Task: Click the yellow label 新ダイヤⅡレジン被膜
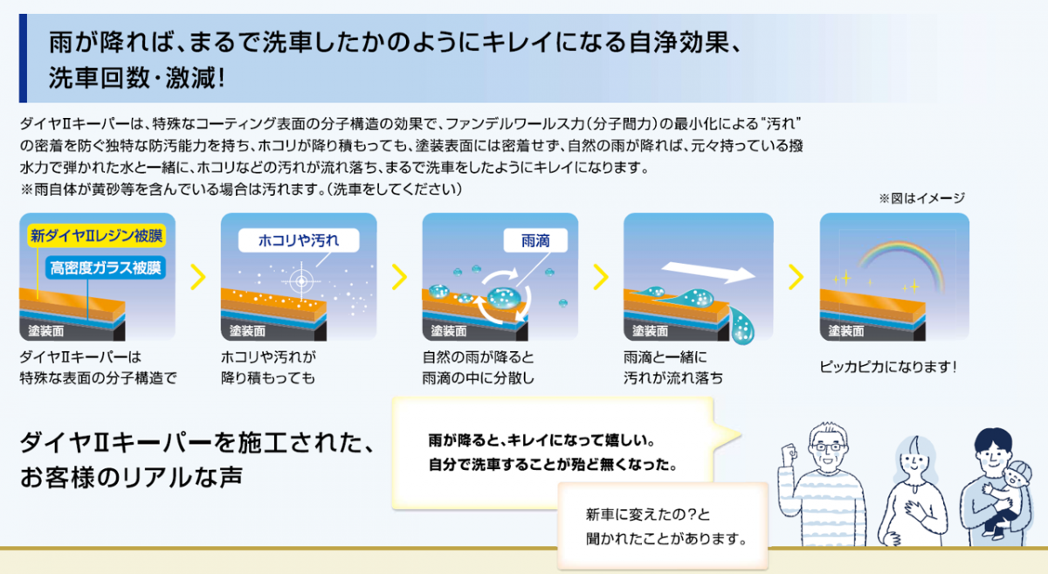click(97, 236)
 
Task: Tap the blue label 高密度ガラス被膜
click(106, 268)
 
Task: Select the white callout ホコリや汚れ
click(299, 240)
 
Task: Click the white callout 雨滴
click(535, 240)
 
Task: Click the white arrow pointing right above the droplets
click(708, 272)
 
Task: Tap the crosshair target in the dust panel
click(301, 281)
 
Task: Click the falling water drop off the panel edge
click(742, 326)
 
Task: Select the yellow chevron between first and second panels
click(198, 277)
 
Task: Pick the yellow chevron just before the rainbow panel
click(796, 277)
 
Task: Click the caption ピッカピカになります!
click(888, 367)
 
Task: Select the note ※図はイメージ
click(921, 198)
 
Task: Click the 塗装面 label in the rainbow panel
click(846, 331)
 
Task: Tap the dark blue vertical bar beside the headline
click(23, 58)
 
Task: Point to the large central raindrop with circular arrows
click(503, 297)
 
